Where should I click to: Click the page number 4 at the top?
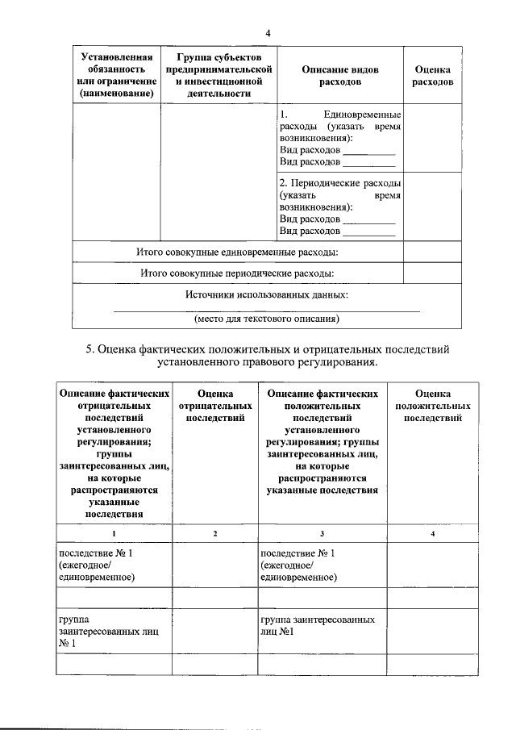[x=268, y=32]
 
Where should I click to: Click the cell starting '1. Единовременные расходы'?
[x=339, y=138]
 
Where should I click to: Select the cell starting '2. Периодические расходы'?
[x=339, y=206]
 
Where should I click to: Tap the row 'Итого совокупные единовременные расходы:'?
[x=237, y=252]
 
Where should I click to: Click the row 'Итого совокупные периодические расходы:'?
[x=237, y=273]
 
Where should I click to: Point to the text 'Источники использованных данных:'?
[x=267, y=295]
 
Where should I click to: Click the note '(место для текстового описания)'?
[x=267, y=319]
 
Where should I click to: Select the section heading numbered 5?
[x=267, y=356]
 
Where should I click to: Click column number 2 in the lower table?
[x=214, y=533]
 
